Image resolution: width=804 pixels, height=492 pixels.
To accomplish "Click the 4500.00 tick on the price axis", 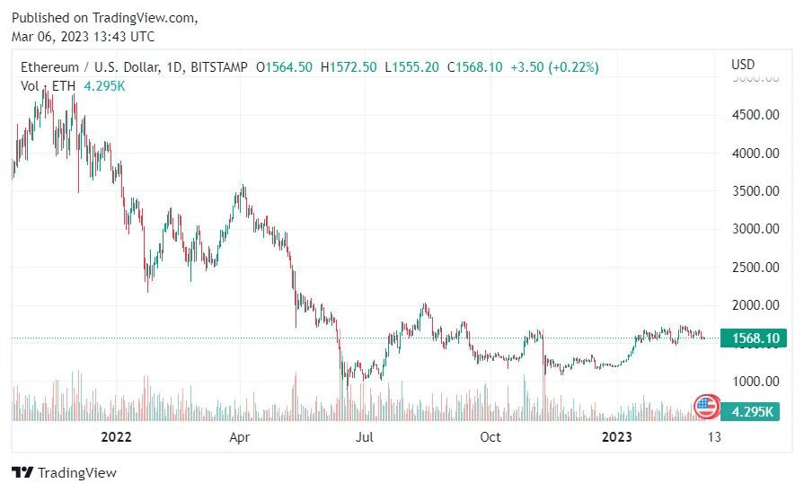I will pyautogui.click(x=754, y=115).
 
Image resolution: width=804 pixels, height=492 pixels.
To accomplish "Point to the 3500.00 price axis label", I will pyautogui.click(x=754, y=191).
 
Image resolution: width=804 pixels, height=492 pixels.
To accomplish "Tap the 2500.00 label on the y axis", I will pyautogui.click(x=754, y=268).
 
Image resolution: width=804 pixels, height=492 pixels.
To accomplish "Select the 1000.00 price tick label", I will pyautogui.click(x=754, y=382).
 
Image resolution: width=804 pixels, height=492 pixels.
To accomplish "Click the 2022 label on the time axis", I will pyautogui.click(x=116, y=437).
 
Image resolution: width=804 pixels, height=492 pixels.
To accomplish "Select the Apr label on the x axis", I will pyautogui.click(x=239, y=437).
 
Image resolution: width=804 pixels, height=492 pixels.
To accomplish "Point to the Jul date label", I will pyautogui.click(x=365, y=437).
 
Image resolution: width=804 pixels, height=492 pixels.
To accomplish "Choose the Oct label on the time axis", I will pyautogui.click(x=490, y=437).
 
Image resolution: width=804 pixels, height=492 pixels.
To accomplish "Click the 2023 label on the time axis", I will pyautogui.click(x=616, y=437).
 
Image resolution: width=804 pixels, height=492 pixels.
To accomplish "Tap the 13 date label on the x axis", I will pyautogui.click(x=714, y=437).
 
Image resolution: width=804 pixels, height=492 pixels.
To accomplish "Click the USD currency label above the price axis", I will pyautogui.click(x=743, y=65).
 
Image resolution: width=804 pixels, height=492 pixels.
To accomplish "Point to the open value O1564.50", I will pyautogui.click(x=285, y=67).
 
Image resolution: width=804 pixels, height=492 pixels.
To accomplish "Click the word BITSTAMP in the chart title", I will pyautogui.click(x=219, y=67).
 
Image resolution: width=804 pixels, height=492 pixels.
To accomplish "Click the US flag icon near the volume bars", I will pyautogui.click(x=707, y=407).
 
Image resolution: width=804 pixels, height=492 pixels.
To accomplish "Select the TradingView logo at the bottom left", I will pyautogui.click(x=65, y=472).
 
